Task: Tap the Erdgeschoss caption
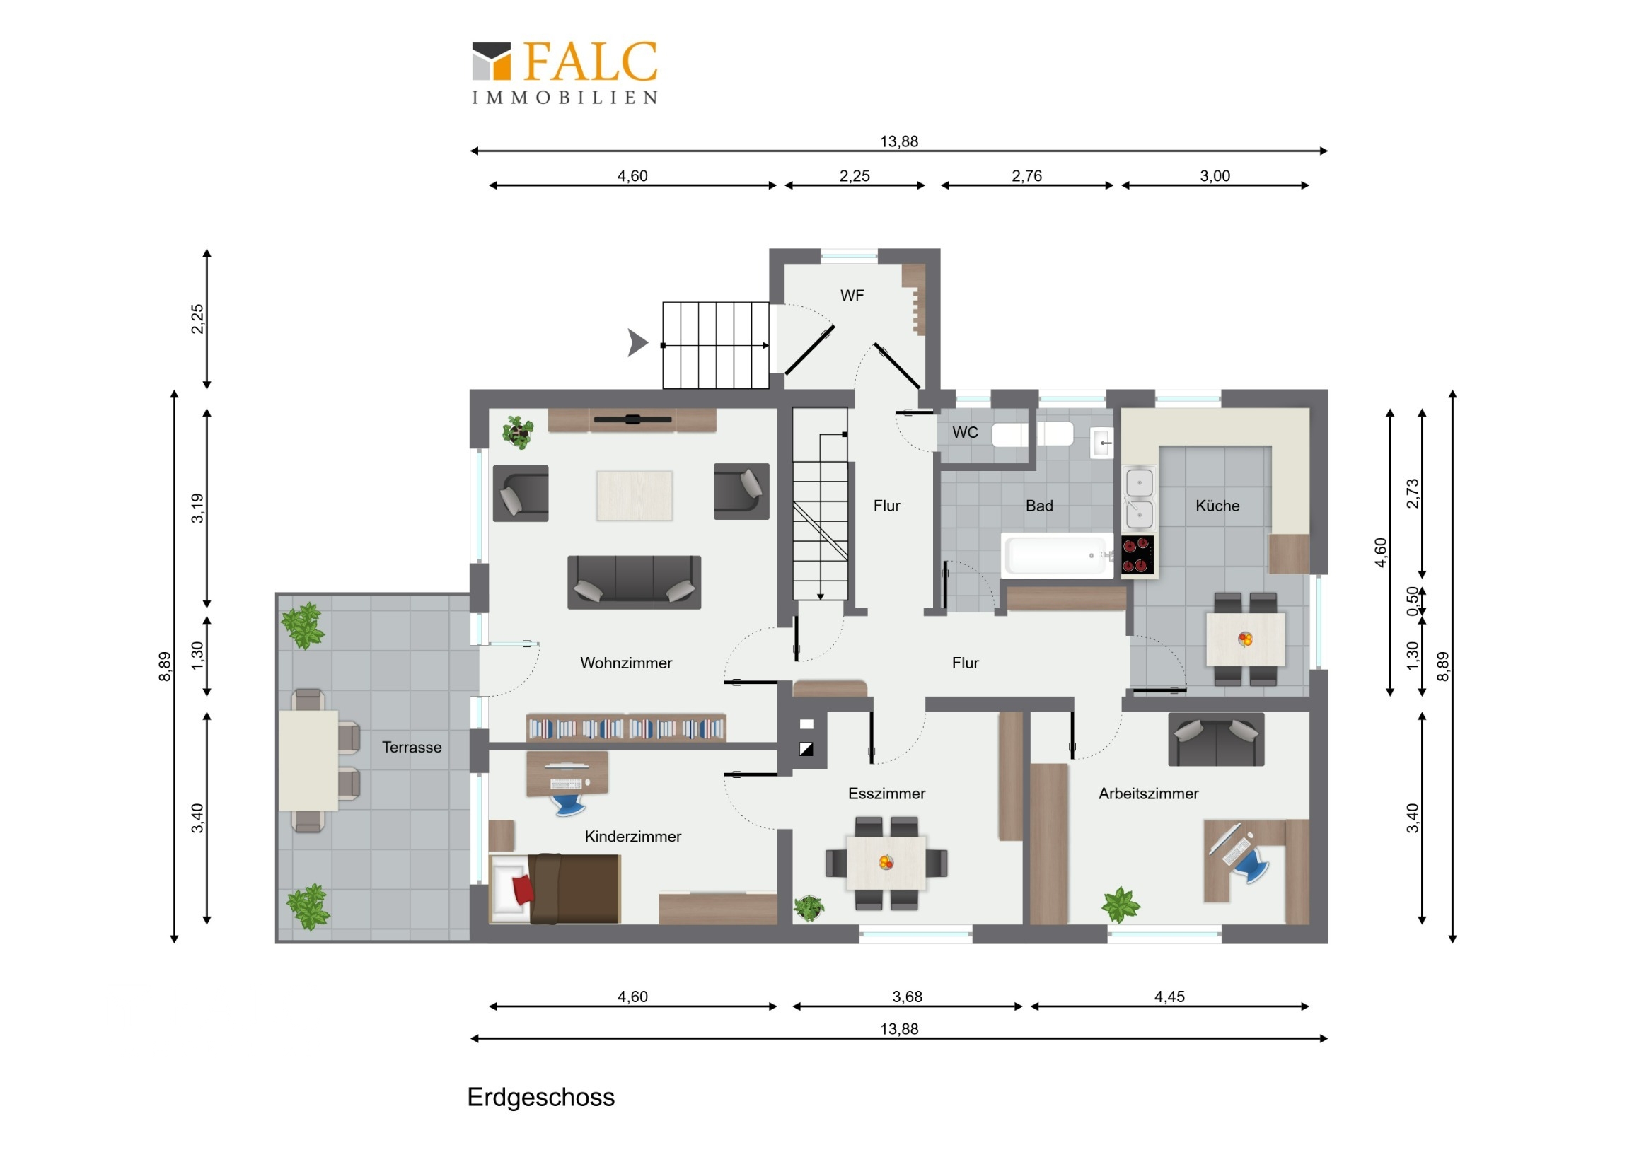540,1097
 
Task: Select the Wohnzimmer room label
626,663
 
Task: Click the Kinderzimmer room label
633,836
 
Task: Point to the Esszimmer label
886,794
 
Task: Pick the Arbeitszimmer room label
1148,794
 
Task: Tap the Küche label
1217,505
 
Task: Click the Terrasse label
412,747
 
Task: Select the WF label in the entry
852,296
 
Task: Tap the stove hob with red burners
1137,554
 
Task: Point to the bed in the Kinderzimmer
556,888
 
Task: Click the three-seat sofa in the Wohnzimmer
635,582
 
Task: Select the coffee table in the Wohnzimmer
635,495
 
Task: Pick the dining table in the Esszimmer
886,863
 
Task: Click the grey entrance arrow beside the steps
637,342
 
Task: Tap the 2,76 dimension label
1026,175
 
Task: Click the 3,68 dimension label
907,997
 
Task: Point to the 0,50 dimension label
1412,601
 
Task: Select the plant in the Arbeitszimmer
1121,905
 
